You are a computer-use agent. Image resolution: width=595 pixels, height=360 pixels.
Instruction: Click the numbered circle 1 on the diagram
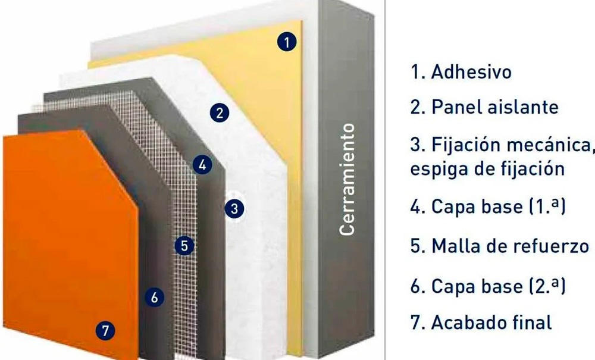287,42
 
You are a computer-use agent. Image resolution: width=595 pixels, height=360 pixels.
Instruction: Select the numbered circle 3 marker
234,208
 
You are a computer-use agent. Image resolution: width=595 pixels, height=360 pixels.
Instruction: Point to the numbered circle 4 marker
203,165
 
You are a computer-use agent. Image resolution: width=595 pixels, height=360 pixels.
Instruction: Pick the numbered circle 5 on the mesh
185,245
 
